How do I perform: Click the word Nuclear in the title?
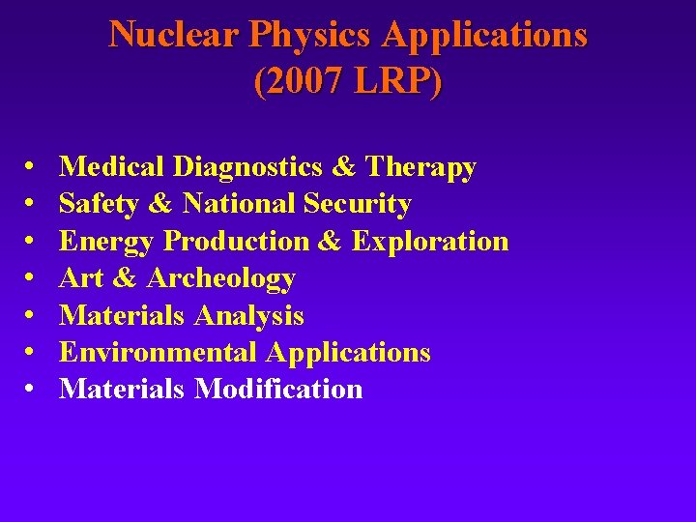click(174, 35)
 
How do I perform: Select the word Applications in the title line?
click(484, 35)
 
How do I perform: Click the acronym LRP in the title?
click(394, 81)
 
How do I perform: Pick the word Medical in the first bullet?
click(112, 167)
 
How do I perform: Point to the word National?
click(239, 204)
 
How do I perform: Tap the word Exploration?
click(430, 241)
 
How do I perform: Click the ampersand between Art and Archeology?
click(124, 278)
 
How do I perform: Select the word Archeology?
click(220, 278)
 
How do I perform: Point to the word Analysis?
click(249, 315)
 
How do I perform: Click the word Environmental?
click(159, 352)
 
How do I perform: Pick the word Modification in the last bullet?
click(278, 389)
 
